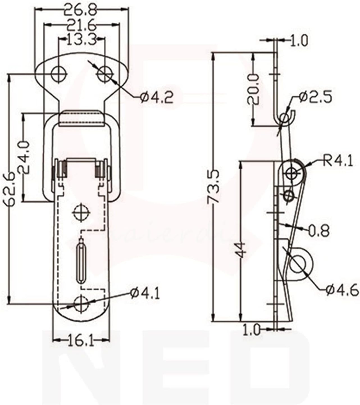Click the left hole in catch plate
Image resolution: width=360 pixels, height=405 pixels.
coord(59,74)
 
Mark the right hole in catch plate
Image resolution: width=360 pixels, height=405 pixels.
coord(104,74)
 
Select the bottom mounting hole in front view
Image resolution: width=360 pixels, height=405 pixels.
coord(81,303)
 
